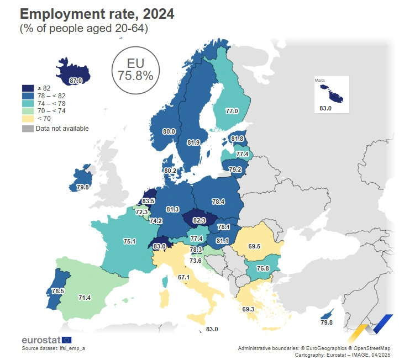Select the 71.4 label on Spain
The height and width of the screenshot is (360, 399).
click(x=85, y=298)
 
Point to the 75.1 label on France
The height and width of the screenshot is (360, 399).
click(x=129, y=241)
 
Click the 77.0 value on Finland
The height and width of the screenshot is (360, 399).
click(x=232, y=112)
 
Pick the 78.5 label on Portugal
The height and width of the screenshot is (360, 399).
click(x=58, y=290)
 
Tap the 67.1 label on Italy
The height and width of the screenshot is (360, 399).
click(x=184, y=277)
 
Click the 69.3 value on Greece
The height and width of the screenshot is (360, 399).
click(x=248, y=309)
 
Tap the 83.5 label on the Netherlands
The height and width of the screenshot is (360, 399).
click(x=148, y=202)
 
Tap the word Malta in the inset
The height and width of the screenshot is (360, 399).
click(x=320, y=81)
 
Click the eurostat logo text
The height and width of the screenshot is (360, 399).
click(x=41, y=340)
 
